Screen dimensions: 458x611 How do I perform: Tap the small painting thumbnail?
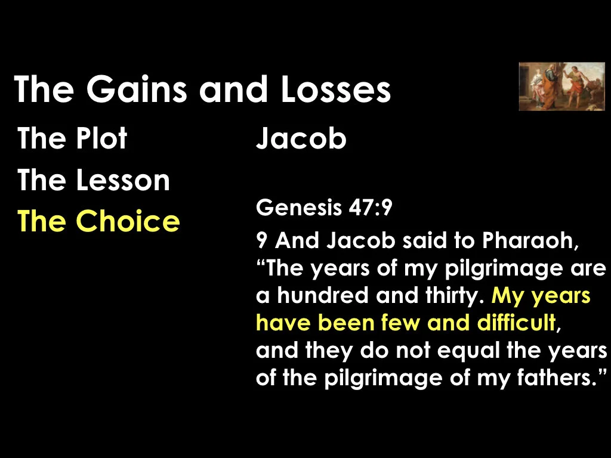[561, 86]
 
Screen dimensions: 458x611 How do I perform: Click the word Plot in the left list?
[101, 139]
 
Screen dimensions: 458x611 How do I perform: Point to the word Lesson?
[123, 180]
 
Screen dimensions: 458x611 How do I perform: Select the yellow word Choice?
[128, 221]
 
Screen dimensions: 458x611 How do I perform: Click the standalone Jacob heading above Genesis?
[301, 139]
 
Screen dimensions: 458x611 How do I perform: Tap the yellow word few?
[406, 323]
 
